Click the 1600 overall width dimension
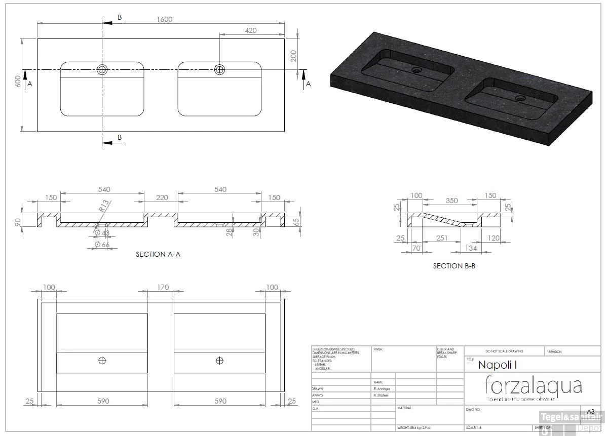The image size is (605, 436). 164,19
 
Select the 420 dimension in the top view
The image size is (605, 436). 250,30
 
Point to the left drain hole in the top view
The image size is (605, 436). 102,69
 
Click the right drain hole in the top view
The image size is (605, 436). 219,69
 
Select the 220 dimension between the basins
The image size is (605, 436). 162,197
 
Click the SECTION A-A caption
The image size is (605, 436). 158,254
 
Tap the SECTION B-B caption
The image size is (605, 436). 454,265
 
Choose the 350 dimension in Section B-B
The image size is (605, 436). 451,201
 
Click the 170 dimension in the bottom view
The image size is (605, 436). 162,287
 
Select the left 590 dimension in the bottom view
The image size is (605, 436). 103,401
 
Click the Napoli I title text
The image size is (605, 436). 497,364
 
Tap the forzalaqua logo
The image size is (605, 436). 533,386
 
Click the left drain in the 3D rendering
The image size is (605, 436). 417,70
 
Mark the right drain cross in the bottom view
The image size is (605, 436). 219,360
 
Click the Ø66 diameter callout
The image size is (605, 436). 104,245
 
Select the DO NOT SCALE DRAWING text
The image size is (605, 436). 504,351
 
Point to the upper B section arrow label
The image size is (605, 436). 120,17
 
